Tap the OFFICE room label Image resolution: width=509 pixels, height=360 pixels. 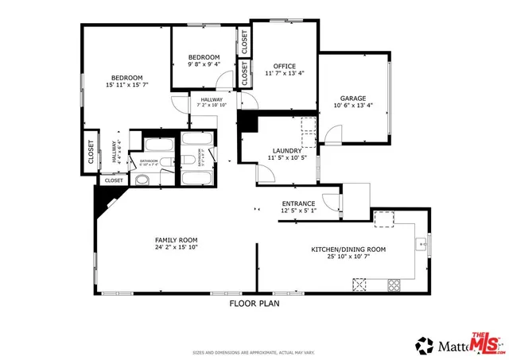point(284,67)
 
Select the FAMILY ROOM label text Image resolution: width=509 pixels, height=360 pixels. point(176,240)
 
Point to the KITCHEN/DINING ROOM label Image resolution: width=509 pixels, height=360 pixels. point(348,250)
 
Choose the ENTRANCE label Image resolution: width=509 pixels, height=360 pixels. point(299,204)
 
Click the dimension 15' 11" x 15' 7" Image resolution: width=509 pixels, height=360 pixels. point(127,85)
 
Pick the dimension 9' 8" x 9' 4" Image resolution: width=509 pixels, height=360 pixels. point(204,65)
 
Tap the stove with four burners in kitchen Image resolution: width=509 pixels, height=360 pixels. point(393,284)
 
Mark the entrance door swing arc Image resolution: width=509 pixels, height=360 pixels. point(332,199)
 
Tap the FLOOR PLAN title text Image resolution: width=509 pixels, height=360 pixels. point(254,303)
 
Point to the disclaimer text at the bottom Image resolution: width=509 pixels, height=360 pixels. point(254,352)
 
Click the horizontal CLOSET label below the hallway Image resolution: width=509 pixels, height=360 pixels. point(114,180)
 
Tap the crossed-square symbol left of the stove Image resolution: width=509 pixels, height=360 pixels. point(360,283)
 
